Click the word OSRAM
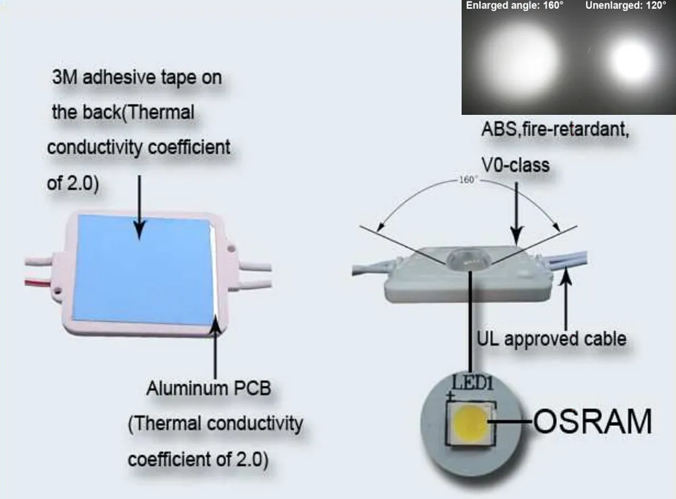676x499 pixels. pyautogui.click(x=593, y=421)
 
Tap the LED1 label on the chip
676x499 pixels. pyautogui.click(x=472, y=383)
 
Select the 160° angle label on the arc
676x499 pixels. pyautogui.click(x=466, y=179)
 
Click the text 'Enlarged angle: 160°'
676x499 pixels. pyautogui.click(x=514, y=5)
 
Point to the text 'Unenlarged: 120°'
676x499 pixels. pyautogui.click(x=625, y=5)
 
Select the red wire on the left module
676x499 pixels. pyautogui.click(x=39, y=283)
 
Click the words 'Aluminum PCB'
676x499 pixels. pyautogui.click(x=209, y=388)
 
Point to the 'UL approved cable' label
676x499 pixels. pyautogui.click(x=552, y=339)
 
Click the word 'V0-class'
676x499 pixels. pyautogui.click(x=515, y=165)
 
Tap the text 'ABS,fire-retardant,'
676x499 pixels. pyautogui.click(x=555, y=129)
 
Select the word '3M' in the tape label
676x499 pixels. pyautogui.click(x=65, y=77)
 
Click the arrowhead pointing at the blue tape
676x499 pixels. pyautogui.click(x=139, y=230)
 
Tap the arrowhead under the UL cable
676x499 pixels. pyautogui.click(x=566, y=275)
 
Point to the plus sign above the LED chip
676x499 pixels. pyautogui.click(x=450, y=395)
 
